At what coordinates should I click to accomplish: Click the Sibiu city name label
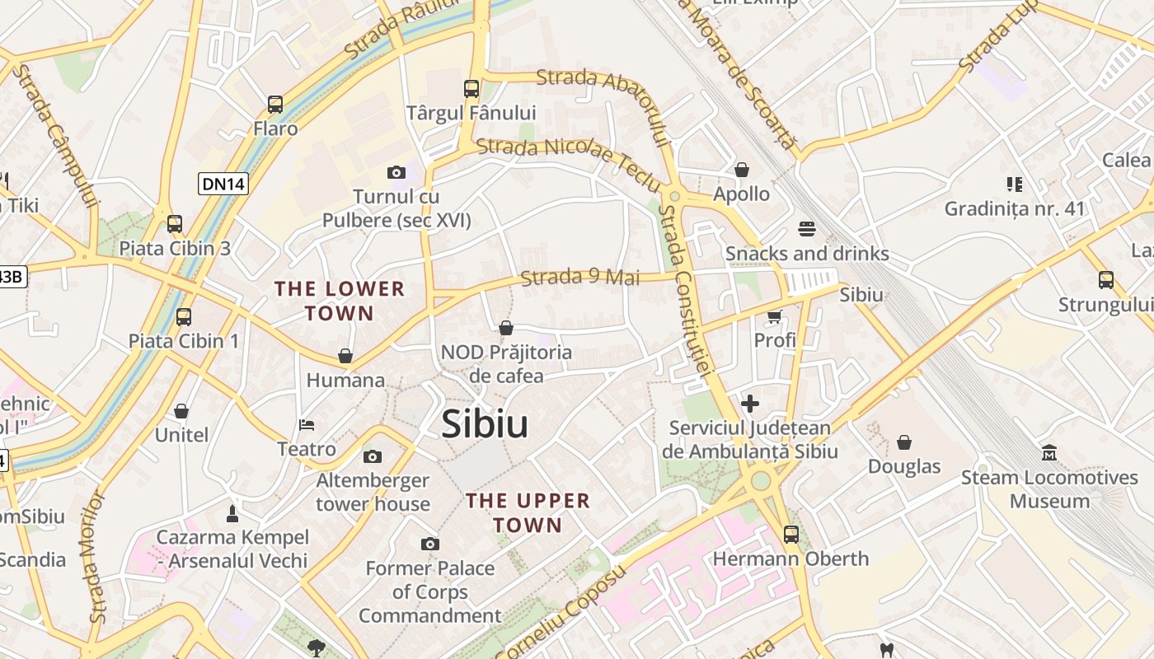pyautogui.click(x=485, y=424)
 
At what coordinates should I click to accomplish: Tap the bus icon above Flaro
pyautogui.click(x=275, y=105)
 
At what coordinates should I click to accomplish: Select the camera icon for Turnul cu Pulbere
pyautogui.click(x=396, y=172)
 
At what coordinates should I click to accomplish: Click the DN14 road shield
pyautogui.click(x=223, y=184)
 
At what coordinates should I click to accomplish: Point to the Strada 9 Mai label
pyautogui.click(x=580, y=278)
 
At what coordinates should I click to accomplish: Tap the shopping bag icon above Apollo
pyautogui.click(x=742, y=170)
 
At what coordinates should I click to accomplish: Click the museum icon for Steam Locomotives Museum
pyautogui.click(x=1049, y=453)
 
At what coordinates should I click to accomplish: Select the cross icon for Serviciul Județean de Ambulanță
pyautogui.click(x=750, y=404)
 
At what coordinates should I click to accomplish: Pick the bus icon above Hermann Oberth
pyautogui.click(x=791, y=534)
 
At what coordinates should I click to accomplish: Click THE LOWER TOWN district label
pyautogui.click(x=340, y=301)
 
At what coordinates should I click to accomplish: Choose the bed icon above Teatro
pyautogui.click(x=307, y=425)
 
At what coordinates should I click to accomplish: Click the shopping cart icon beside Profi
pyautogui.click(x=775, y=316)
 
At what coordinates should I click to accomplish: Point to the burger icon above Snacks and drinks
pyautogui.click(x=806, y=228)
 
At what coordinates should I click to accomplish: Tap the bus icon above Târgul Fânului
pyautogui.click(x=471, y=88)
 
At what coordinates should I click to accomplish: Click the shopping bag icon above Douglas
pyautogui.click(x=904, y=442)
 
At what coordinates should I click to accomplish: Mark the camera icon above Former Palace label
pyautogui.click(x=429, y=544)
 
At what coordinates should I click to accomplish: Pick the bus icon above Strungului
pyautogui.click(x=1106, y=280)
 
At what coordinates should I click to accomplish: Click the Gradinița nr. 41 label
pyautogui.click(x=1015, y=208)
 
